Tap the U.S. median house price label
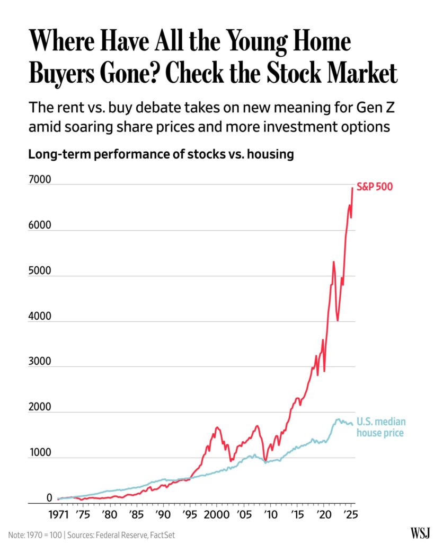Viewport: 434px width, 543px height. (x=381, y=427)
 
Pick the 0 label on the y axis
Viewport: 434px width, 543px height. (x=49, y=498)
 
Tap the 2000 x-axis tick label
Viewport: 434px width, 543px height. (x=216, y=515)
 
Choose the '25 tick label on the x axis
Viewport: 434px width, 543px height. (x=349, y=515)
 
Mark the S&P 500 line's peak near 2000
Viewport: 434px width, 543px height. (x=217, y=427)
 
